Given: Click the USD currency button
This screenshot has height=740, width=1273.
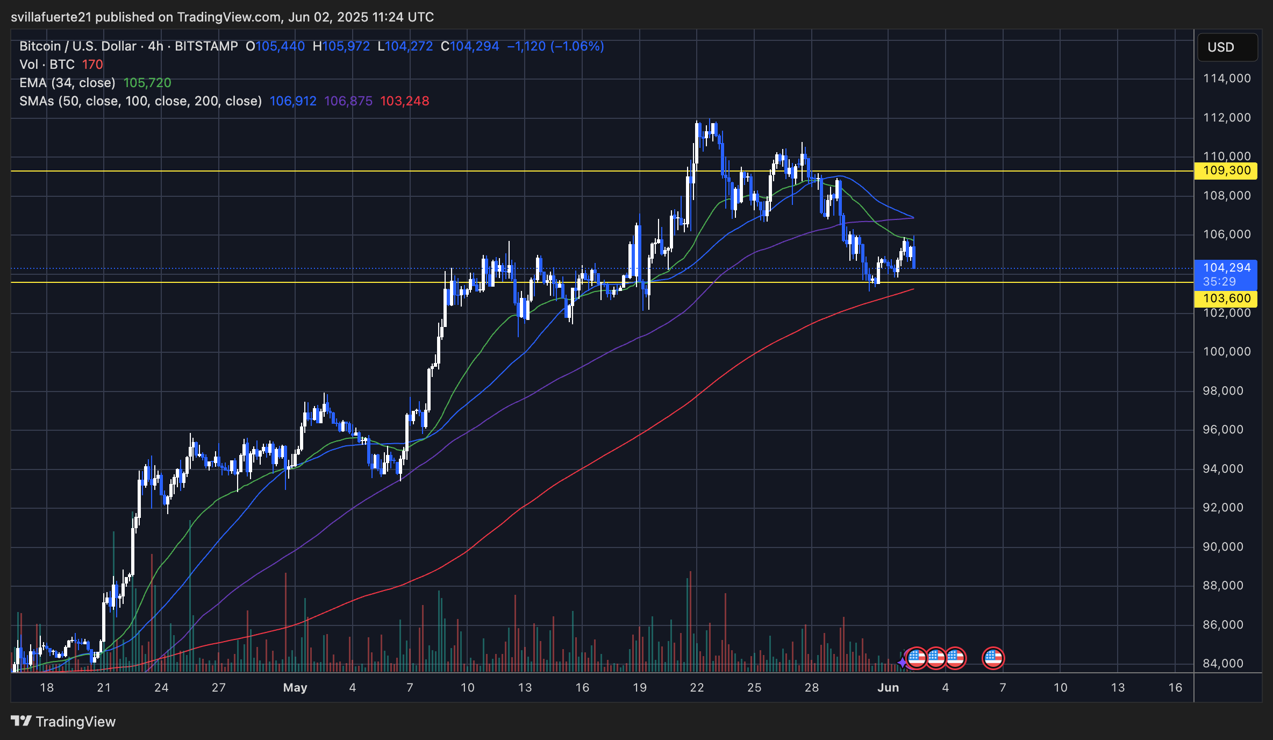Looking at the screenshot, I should tap(1227, 47).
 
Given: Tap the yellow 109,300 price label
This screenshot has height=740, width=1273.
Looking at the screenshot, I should tap(1226, 171).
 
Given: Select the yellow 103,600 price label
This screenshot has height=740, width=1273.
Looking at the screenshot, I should tap(1226, 298).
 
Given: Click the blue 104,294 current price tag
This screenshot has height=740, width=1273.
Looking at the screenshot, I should tap(1226, 268).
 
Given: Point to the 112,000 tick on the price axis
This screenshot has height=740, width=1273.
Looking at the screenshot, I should tap(1227, 118).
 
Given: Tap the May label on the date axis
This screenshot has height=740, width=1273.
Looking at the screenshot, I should tap(295, 688).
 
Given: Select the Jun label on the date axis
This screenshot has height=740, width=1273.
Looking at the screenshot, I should tap(888, 688).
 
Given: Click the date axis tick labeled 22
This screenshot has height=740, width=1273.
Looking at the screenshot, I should tap(697, 688).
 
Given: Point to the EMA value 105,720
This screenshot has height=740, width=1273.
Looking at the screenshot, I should tap(147, 83).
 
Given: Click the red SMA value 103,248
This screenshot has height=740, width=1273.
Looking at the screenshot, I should tap(404, 101).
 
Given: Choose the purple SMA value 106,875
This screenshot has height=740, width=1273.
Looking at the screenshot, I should tap(348, 101).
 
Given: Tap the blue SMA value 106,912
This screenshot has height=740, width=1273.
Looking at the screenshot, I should tap(293, 101).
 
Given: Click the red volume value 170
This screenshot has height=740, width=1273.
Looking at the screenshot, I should tap(92, 65).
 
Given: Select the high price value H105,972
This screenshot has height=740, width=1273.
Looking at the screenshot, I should tap(341, 46).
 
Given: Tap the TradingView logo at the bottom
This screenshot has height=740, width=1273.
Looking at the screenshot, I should tap(63, 722).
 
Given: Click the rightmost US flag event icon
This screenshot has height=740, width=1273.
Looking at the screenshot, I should tap(993, 658).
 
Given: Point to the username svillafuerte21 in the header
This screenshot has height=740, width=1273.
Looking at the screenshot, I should tap(52, 17).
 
